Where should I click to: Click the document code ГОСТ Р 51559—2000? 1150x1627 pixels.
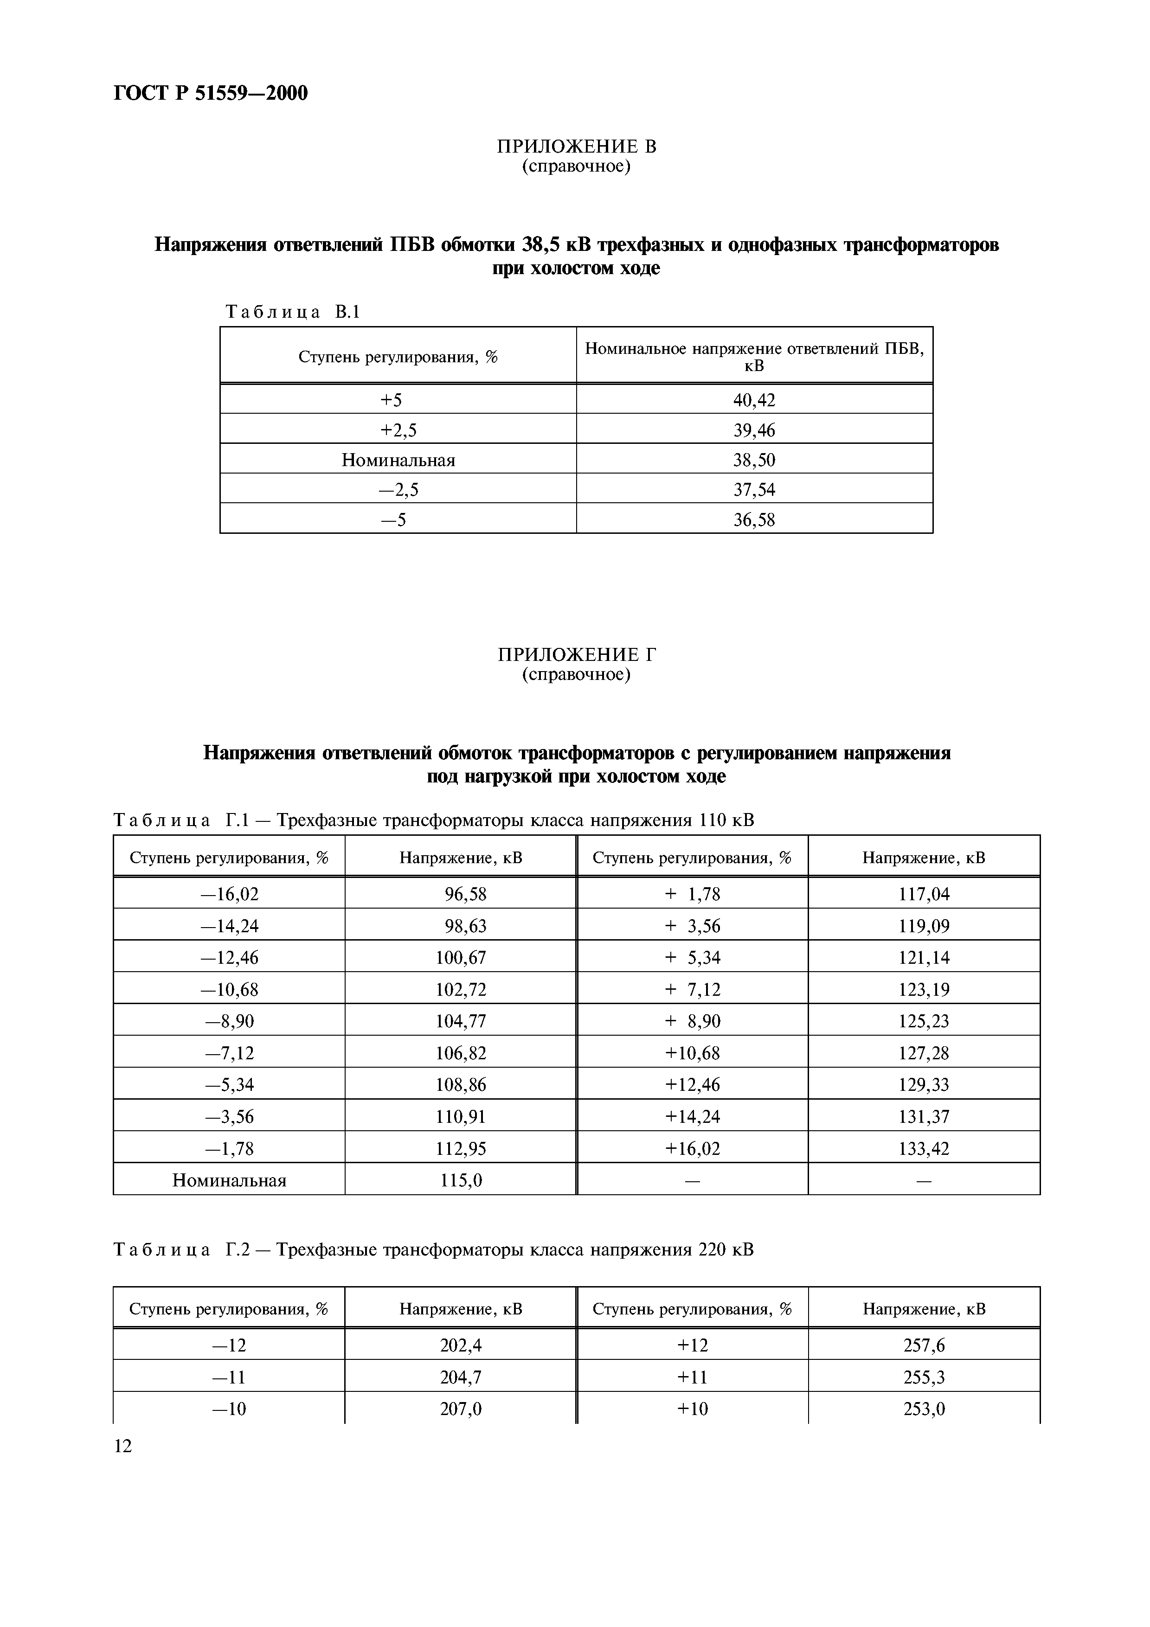point(211,93)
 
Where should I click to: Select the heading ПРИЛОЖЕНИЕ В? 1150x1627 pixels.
point(576,147)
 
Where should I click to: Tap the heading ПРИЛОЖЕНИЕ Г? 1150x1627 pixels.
point(576,654)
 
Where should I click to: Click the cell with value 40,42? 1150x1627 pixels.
point(754,400)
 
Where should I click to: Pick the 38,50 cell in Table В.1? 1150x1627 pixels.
point(754,460)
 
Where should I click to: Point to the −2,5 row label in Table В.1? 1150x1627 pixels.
point(398,490)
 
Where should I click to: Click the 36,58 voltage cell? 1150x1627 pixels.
point(754,520)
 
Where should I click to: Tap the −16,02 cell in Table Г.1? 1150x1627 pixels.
point(230,894)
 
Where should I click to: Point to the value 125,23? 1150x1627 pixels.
point(924,1021)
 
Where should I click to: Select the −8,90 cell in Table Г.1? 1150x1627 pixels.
point(230,1021)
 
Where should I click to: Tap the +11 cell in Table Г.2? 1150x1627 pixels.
point(692,1377)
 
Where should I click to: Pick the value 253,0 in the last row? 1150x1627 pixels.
point(924,1409)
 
